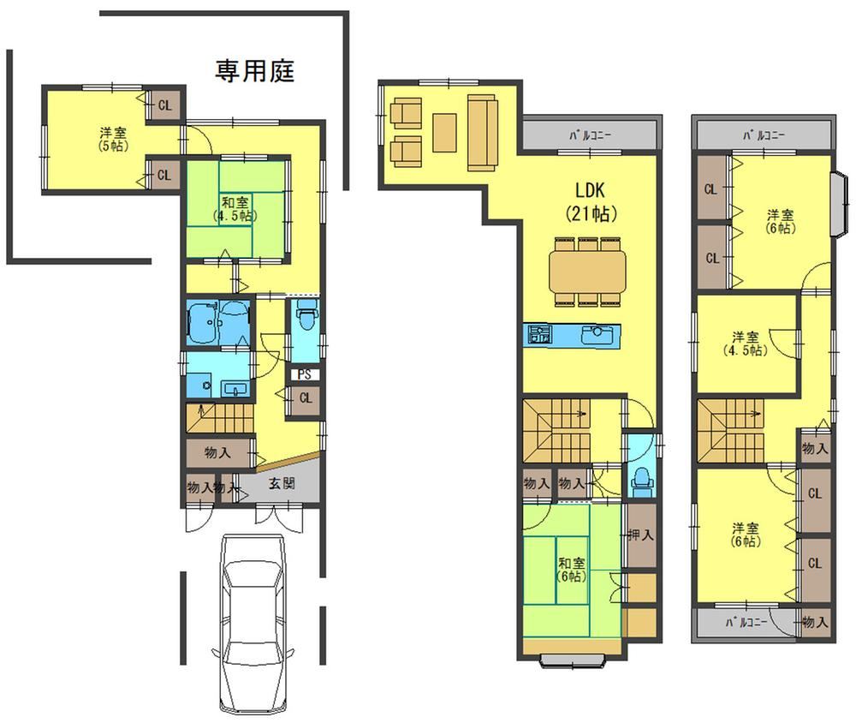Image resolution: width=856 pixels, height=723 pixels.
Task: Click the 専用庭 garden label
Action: click(x=254, y=71)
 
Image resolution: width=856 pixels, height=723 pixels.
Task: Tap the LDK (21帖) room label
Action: click(x=591, y=201)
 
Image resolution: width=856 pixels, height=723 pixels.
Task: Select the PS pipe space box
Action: click(x=304, y=374)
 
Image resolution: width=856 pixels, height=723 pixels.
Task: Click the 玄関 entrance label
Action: click(x=282, y=483)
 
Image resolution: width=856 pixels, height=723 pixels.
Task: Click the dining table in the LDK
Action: click(x=587, y=271)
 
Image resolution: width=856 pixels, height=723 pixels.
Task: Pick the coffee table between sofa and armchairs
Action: click(x=445, y=132)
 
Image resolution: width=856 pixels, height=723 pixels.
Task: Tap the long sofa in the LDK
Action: click(x=482, y=132)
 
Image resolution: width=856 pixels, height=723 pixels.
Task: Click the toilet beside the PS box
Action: click(x=306, y=314)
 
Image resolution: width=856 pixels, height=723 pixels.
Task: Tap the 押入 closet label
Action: click(x=640, y=534)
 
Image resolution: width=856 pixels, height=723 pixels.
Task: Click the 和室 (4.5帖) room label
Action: click(x=235, y=209)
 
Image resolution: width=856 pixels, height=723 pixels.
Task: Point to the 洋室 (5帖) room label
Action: click(x=114, y=139)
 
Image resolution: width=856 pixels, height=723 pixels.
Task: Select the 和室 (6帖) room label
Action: click(x=572, y=570)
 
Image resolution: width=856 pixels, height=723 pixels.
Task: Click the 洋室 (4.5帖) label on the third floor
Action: click(x=746, y=344)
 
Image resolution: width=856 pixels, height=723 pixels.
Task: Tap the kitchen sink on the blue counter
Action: click(x=597, y=334)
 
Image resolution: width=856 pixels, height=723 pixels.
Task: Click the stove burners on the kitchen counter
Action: click(x=538, y=334)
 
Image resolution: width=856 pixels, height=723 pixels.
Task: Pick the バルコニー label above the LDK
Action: click(x=591, y=135)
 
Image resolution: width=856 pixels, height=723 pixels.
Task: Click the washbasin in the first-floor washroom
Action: click(x=235, y=389)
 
